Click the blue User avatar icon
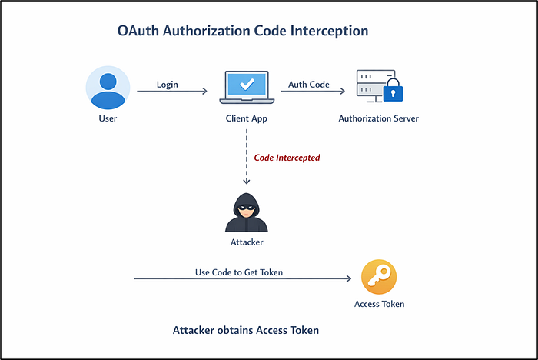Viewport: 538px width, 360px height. point(108,88)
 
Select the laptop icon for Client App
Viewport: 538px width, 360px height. point(247,87)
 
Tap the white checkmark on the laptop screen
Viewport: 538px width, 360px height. point(247,84)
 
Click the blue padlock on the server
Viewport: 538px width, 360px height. point(393,90)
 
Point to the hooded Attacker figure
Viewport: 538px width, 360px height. point(247,212)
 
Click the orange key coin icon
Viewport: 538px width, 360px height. point(379,277)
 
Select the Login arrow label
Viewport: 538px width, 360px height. point(168,85)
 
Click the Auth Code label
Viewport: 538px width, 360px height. point(309,85)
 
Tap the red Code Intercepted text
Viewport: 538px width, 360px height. point(287,158)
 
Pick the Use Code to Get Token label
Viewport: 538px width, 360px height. point(239,272)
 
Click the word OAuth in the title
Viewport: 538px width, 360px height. point(138,31)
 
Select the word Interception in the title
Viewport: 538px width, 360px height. point(330,31)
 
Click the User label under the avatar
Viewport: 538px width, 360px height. point(108,118)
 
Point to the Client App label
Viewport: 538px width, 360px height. point(247,119)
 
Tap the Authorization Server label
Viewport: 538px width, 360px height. point(378,118)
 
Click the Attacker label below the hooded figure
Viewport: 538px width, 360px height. point(247,242)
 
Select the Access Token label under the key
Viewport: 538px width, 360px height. point(379,304)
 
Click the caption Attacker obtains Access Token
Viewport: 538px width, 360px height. point(246,330)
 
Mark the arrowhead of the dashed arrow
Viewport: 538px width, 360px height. point(247,181)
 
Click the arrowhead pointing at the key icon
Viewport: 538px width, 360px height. point(349,278)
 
